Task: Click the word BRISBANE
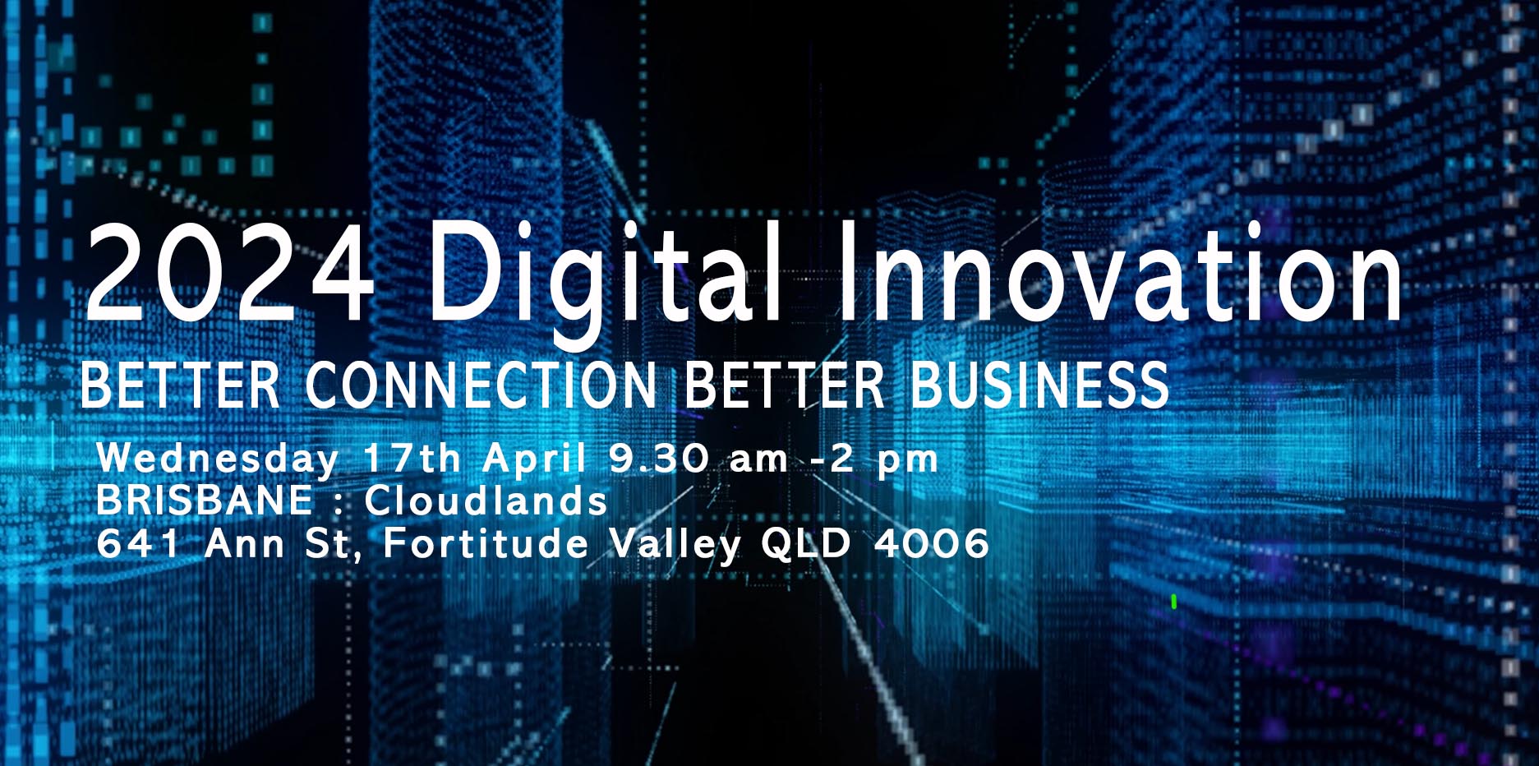[205, 501]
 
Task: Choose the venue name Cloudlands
[486, 501]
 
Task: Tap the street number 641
[138, 543]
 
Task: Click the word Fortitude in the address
[486, 543]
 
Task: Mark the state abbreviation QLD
[805, 543]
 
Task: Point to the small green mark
[1173, 602]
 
